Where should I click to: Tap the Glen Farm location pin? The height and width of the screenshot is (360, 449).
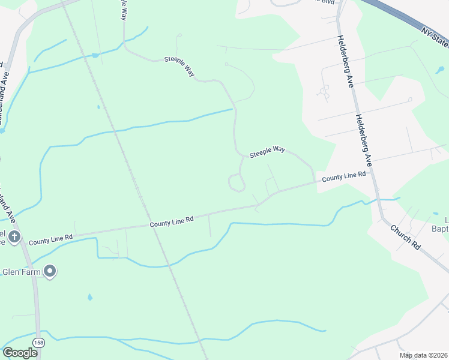click(x=50, y=272)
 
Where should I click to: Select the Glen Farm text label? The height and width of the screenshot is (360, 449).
click(x=21, y=272)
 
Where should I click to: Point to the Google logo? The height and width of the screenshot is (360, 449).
click(x=20, y=352)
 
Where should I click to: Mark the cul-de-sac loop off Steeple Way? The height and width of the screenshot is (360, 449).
click(x=237, y=182)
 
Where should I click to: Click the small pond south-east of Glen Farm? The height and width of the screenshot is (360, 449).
click(x=89, y=297)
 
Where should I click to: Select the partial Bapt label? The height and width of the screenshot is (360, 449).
click(x=439, y=227)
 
